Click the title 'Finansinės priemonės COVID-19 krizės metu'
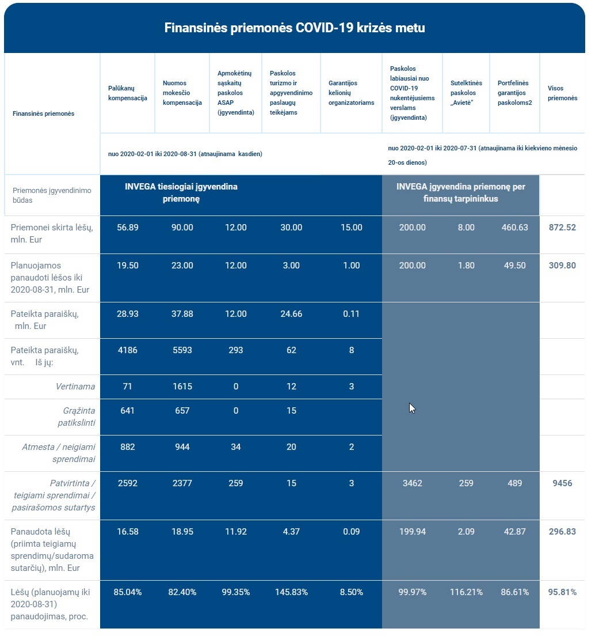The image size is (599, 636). (x=295, y=28)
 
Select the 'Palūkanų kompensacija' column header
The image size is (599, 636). (x=128, y=93)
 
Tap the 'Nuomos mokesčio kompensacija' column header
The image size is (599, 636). (x=182, y=93)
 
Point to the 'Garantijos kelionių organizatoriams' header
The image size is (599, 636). (x=351, y=93)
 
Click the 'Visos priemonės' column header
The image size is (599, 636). (x=563, y=93)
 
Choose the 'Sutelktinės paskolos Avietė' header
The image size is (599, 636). (x=466, y=93)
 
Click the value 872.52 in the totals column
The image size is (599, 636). (x=562, y=228)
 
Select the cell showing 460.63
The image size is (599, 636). (x=515, y=228)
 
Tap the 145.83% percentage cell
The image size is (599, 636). (x=291, y=592)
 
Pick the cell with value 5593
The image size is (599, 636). (x=182, y=350)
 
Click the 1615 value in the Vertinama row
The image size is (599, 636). (x=182, y=387)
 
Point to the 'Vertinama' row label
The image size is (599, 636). (x=75, y=387)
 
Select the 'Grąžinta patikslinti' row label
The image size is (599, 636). (x=77, y=417)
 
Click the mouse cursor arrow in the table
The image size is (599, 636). (x=412, y=408)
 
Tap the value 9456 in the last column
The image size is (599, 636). (x=562, y=483)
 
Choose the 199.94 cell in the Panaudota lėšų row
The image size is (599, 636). (x=413, y=532)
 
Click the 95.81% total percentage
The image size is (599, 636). (x=562, y=592)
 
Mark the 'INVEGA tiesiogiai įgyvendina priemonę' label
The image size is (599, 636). (x=181, y=192)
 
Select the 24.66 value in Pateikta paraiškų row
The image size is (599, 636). (x=291, y=314)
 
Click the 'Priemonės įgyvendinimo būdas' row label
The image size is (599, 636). (x=52, y=195)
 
